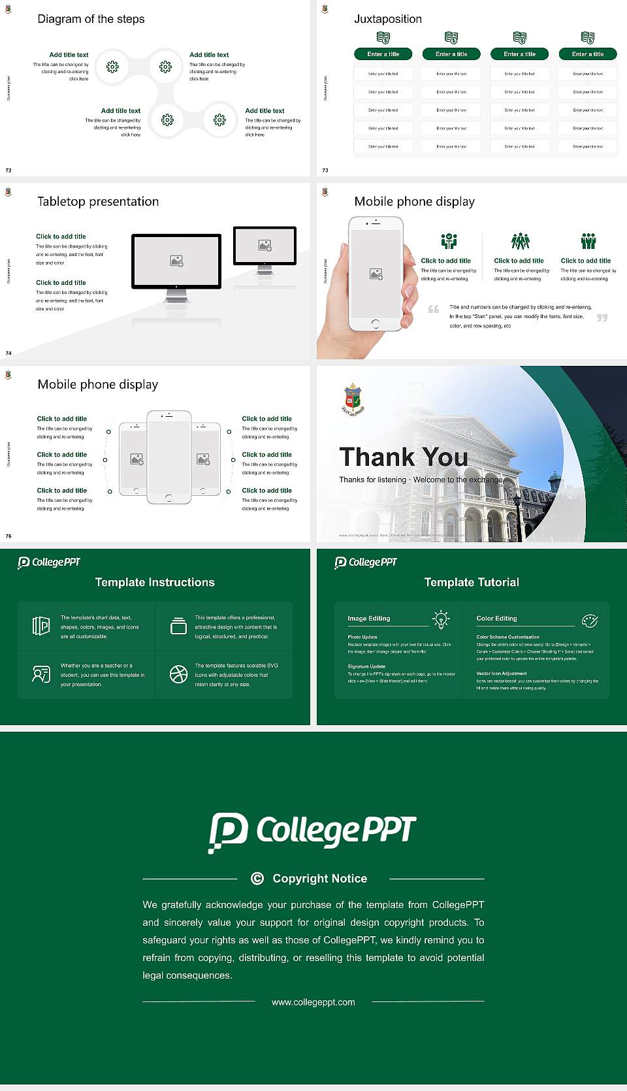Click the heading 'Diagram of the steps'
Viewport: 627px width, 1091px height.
[x=91, y=19]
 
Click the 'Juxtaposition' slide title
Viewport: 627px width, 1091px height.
[x=387, y=19]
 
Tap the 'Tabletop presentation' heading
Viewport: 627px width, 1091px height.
[x=98, y=202]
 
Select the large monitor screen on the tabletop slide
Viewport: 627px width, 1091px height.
[x=176, y=261]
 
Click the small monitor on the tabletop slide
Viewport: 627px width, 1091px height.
[x=265, y=246]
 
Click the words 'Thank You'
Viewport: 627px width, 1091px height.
[x=404, y=457]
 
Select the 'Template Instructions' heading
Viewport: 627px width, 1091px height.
[x=155, y=582]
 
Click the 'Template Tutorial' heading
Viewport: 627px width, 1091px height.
[x=472, y=582]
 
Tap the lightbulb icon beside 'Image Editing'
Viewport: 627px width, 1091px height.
[x=442, y=619]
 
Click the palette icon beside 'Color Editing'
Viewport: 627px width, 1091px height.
[x=590, y=621]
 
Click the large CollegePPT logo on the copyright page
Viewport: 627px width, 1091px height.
[x=312, y=832]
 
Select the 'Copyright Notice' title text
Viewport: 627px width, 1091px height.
[x=319, y=879]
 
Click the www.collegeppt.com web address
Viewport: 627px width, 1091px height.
[x=313, y=1002]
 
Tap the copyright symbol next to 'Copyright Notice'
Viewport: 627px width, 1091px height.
[x=257, y=879]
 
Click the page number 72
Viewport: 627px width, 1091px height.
[x=8, y=171]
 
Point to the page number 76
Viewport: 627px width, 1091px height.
[x=8, y=536]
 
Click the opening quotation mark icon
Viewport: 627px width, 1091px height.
[x=434, y=309]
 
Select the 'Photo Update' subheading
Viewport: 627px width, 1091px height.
[x=362, y=637]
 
